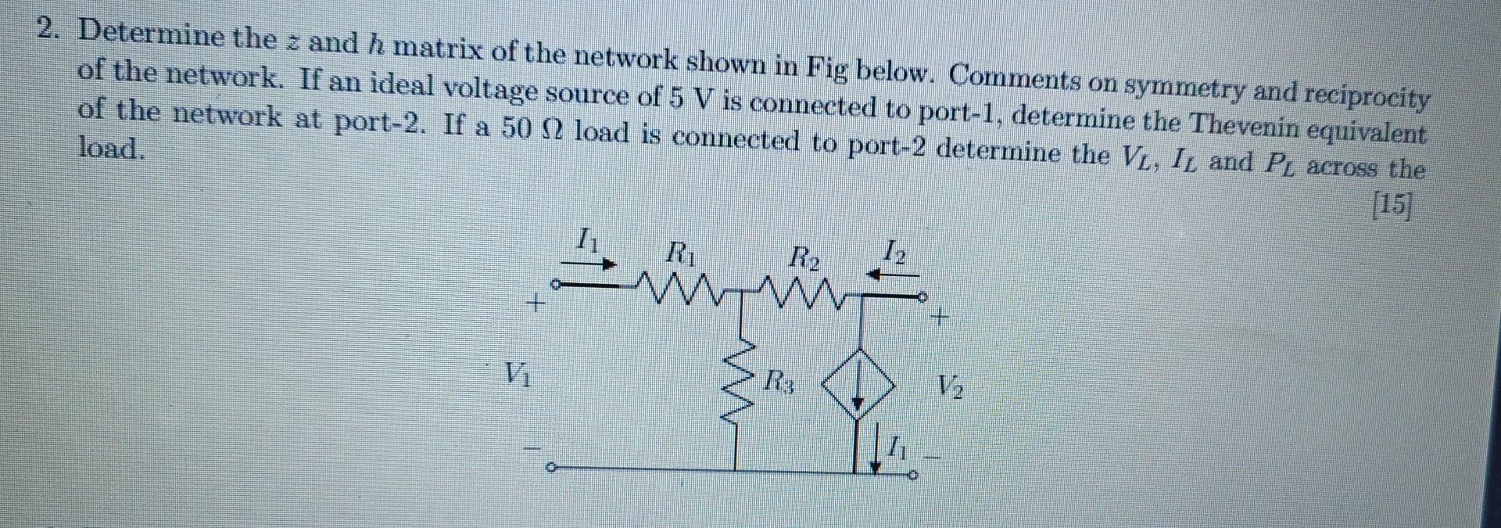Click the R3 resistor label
[x=780, y=383]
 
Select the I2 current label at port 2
[x=895, y=252]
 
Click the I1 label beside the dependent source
[x=899, y=450]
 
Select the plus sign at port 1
[x=536, y=301]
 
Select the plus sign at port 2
[x=940, y=318]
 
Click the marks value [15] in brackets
[x=1392, y=205]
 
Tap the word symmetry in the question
[x=1183, y=88]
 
